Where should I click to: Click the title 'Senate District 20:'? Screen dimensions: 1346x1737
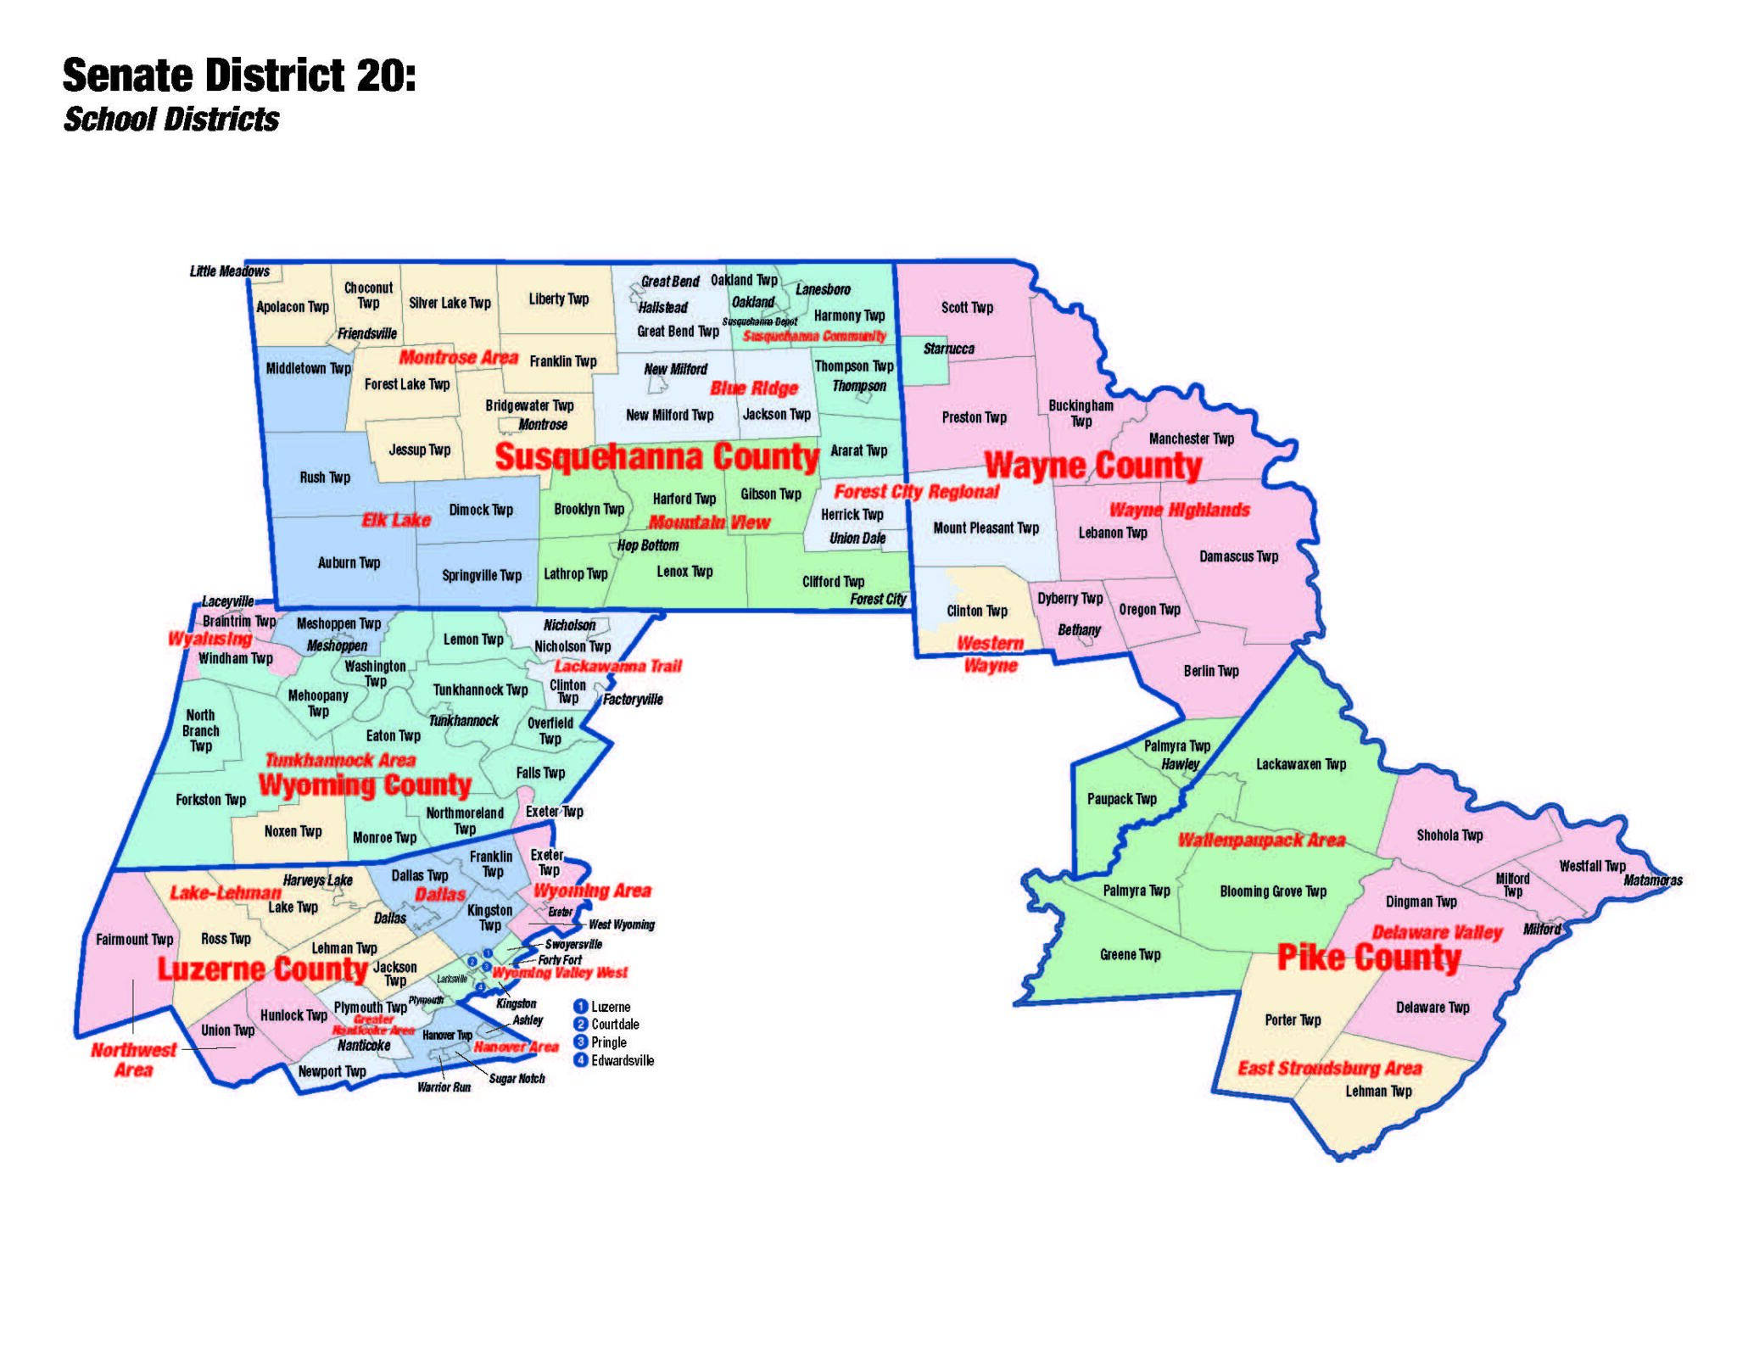point(239,75)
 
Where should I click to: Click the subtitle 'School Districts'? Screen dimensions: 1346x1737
point(171,120)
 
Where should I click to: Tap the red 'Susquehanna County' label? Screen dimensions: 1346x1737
point(656,457)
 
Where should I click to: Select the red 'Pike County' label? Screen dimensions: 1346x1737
point(1368,958)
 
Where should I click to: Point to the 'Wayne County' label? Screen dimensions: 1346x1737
point(1092,466)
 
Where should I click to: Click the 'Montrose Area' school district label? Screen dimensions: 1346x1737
point(458,358)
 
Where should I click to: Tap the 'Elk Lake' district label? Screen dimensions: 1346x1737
point(396,520)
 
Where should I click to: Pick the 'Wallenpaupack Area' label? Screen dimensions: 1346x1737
point(1261,841)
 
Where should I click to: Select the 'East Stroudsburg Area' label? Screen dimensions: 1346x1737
point(1329,1068)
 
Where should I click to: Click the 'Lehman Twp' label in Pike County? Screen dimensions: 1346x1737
point(1378,1092)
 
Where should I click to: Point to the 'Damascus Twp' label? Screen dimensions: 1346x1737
point(1238,557)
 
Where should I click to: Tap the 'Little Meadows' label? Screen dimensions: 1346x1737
point(229,271)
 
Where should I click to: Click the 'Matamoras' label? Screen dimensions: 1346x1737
point(1652,880)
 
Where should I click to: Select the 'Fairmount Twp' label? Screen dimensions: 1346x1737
point(134,940)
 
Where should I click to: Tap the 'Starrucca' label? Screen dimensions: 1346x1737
point(948,349)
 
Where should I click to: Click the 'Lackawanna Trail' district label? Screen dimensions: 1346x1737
point(617,667)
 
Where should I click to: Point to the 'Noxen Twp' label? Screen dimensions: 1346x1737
point(293,832)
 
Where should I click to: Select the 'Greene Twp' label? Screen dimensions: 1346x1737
point(1129,955)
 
